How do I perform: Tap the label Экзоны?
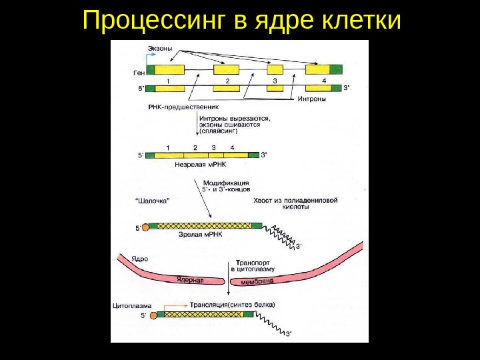159,49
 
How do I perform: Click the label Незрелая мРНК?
200,163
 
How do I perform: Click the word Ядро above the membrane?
139,258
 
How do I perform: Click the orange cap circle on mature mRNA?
146,227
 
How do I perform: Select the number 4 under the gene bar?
324,80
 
